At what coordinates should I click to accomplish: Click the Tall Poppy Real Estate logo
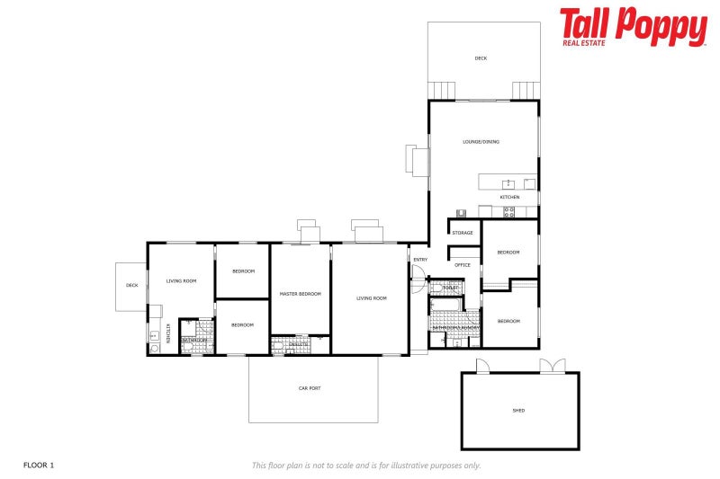tap(633, 27)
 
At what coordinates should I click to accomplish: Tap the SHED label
tap(518, 411)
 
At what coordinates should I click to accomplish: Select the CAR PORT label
tap(310, 388)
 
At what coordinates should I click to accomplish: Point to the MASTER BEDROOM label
tap(300, 294)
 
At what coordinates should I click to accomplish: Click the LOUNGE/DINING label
tap(481, 141)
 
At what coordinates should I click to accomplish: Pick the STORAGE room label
tap(463, 233)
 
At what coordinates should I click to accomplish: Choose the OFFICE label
tap(463, 265)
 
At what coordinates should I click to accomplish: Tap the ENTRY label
tap(420, 261)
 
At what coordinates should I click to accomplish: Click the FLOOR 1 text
tap(39, 465)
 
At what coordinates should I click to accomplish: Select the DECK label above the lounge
tap(481, 58)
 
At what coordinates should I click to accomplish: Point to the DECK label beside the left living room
tap(132, 285)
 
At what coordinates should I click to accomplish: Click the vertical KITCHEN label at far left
tap(168, 333)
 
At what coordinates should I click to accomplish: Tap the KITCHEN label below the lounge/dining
tap(509, 197)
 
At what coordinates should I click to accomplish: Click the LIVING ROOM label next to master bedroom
tap(371, 298)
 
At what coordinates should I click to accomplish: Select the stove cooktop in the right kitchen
tap(508, 212)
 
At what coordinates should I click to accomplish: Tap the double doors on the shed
tap(553, 366)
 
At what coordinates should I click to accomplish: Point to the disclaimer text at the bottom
tap(365, 465)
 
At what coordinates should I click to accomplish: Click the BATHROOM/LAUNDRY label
tap(454, 327)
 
